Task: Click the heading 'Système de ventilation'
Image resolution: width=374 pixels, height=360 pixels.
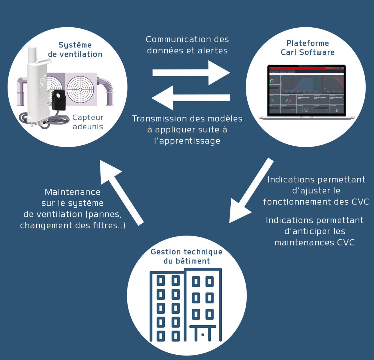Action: (x=75, y=49)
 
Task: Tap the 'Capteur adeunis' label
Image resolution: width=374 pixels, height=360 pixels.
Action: (x=88, y=122)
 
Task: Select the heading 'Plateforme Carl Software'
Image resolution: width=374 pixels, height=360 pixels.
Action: (x=307, y=48)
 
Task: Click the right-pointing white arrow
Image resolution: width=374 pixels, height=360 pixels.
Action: (x=191, y=73)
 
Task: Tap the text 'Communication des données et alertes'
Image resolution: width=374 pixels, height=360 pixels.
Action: (x=187, y=45)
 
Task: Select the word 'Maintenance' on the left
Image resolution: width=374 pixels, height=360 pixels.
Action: (x=72, y=192)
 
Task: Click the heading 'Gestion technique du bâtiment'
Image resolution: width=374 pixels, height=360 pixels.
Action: (x=187, y=256)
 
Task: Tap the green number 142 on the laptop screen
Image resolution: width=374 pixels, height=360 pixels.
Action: (x=305, y=110)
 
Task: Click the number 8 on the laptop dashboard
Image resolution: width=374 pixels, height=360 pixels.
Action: (x=337, y=110)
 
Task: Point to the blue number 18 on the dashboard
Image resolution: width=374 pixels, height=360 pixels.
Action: (x=272, y=100)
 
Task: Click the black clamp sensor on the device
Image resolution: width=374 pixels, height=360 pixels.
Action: (x=59, y=100)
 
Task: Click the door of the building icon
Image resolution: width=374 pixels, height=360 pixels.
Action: (x=203, y=334)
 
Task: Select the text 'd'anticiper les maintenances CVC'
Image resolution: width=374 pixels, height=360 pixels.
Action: (x=315, y=237)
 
